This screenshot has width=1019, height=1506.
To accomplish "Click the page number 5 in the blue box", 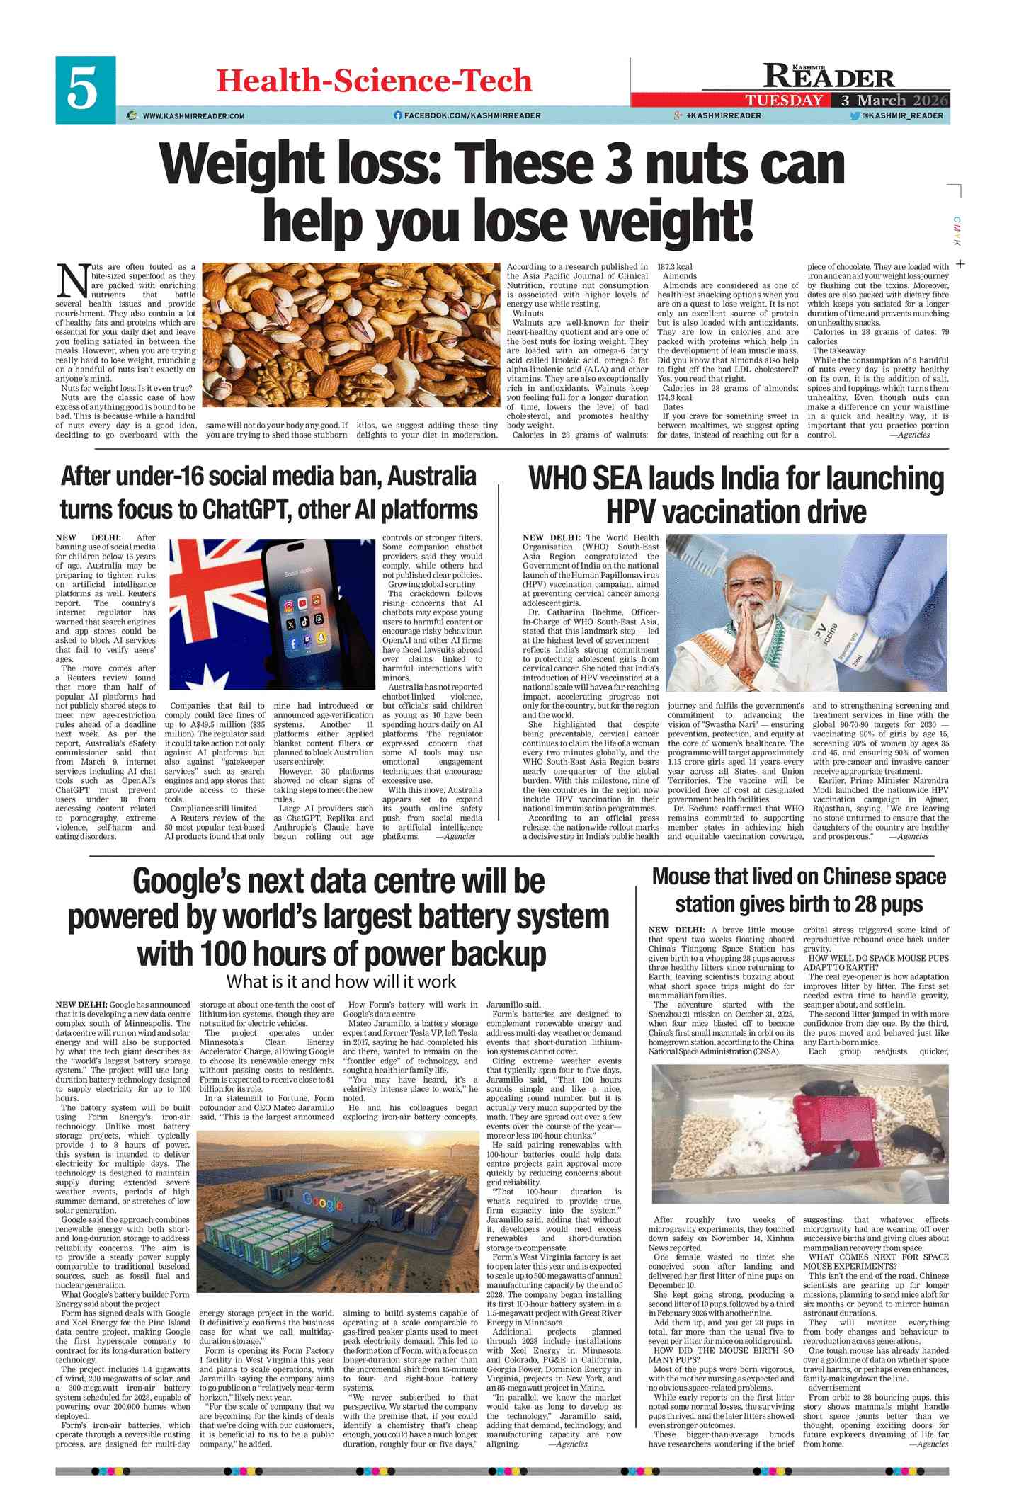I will (x=82, y=90).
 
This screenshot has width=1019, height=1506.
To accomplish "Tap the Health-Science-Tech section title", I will (x=373, y=81).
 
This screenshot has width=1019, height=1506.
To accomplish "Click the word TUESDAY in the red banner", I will (x=784, y=100).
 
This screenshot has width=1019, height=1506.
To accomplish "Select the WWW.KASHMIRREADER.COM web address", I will (x=193, y=115).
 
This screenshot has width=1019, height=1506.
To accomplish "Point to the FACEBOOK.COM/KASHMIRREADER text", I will (x=472, y=115).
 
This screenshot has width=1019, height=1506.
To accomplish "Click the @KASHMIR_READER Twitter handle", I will (x=902, y=115).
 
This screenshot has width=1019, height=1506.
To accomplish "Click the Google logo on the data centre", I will (x=322, y=1201).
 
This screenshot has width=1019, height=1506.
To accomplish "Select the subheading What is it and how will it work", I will (x=341, y=981).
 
